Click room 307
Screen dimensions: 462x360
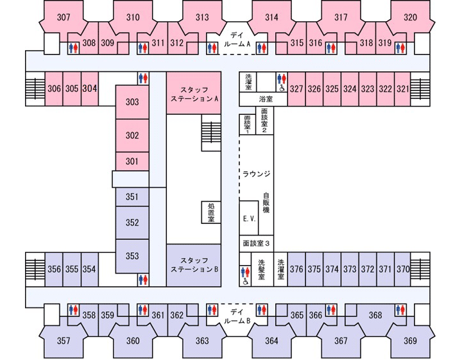[64, 17]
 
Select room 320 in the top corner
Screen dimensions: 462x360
[411, 17]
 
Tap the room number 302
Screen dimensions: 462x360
[132, 135]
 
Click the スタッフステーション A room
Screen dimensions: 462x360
[194, 93]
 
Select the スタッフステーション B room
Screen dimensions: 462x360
[194, 265]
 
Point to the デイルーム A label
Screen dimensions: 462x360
[237, 40]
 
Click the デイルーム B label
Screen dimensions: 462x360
[237, 316]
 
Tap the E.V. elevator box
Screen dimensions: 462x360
[249, 218]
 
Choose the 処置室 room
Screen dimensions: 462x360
[211, 212]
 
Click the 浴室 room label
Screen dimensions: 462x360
[266, 99]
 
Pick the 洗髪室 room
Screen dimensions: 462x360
[262, 270]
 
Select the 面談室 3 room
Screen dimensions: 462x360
[256, 243]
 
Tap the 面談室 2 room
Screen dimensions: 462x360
[264, 120]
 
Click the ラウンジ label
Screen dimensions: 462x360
[256, 174]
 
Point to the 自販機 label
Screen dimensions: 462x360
[266, 202]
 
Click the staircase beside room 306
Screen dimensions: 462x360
[35, 89]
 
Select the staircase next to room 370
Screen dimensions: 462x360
[420, 270]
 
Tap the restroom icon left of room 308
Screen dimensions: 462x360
[73, 47]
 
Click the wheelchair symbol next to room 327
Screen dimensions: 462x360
[282, 88]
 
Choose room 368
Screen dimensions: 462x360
[375, 315]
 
